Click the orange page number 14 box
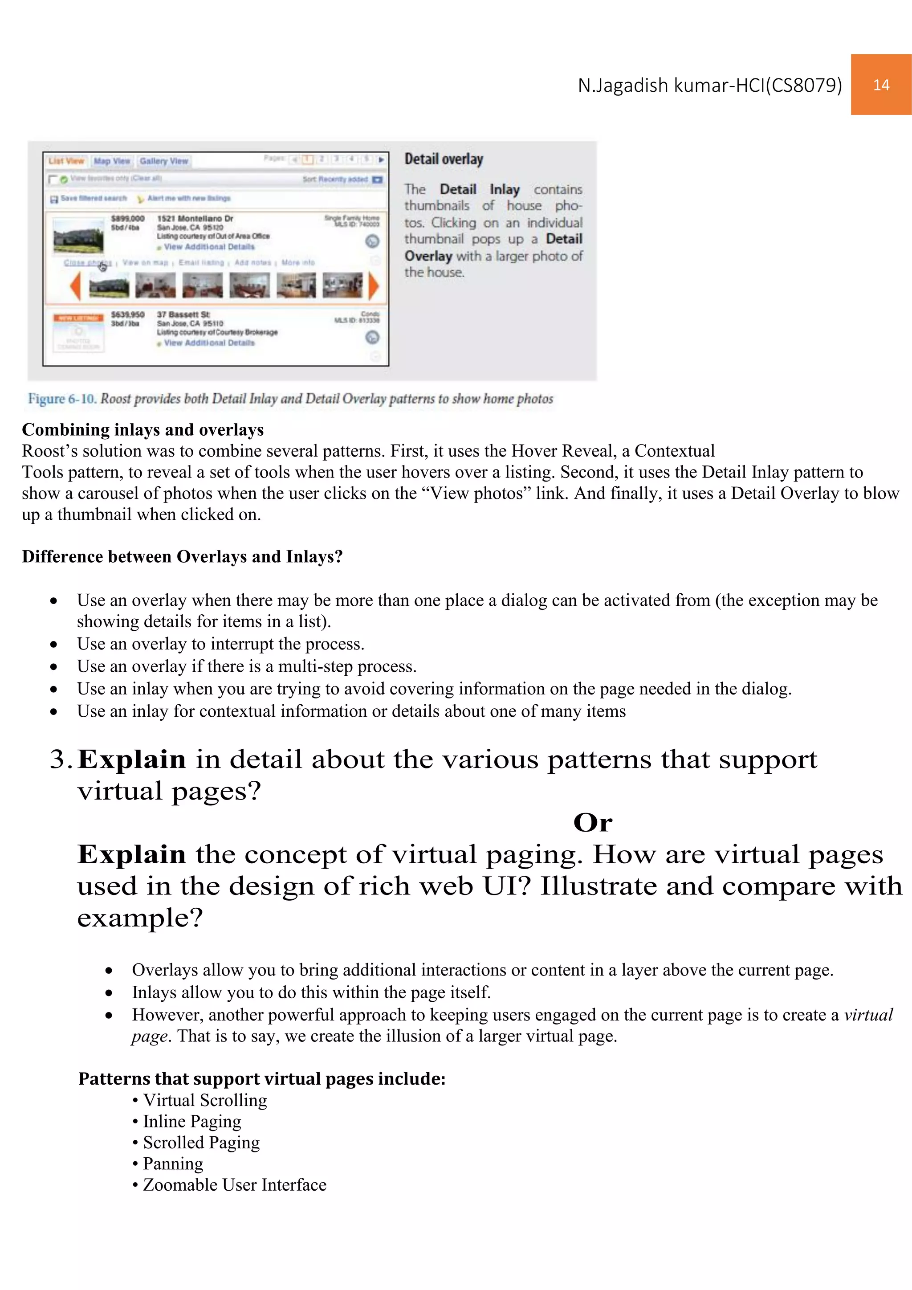point(880,85)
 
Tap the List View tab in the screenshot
point(66,161)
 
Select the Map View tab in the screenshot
point(112,161)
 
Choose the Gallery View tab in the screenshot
point(164,161)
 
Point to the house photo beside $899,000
point(79,236)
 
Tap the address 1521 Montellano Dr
point(195,219)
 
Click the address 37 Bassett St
point(183,314)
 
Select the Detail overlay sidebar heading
point(444,159)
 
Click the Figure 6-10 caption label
point(62,399)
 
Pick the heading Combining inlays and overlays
point(142,430)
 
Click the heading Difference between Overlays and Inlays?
point(182,557)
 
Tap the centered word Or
point(592,823)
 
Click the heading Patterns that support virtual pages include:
point(262,1079)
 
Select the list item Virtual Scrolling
point(205,1100)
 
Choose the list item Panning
point(173,1163)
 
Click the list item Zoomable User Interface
point(235,1185)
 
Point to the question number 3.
point(60,759)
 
